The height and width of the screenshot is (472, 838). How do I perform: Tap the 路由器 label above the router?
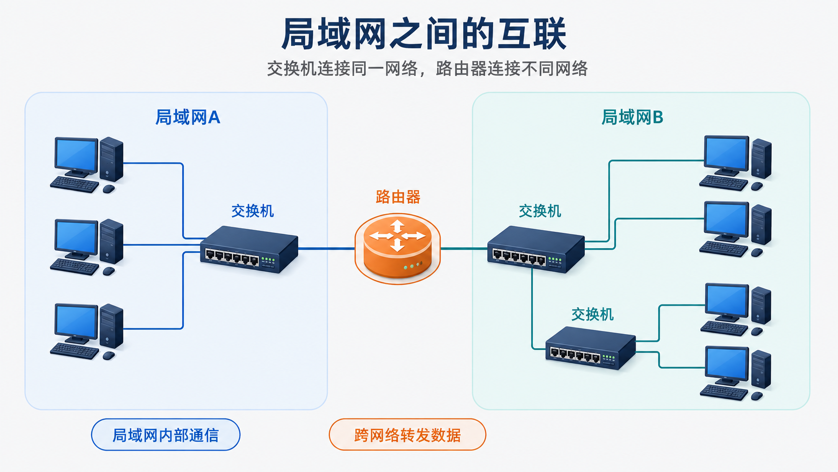[398, 197]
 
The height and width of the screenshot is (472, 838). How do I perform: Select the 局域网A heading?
[188, 117]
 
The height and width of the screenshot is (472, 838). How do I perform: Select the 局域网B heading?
[632, 117]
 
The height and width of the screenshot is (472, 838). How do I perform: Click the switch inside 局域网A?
[249, 249]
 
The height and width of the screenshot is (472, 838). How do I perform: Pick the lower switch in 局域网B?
[590, 348]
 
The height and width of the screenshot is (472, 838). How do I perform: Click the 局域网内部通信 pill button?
[166, 434]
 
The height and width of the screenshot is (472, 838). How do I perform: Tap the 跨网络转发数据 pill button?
[407, 434]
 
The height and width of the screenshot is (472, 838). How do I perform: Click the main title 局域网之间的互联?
[424, 34]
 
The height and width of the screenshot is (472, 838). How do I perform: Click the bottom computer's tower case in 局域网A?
[111, 326]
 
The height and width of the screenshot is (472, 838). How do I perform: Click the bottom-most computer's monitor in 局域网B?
[727, 366]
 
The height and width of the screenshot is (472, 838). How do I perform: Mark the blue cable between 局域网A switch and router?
[326, 248]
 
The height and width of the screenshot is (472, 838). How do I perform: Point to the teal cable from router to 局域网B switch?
[464, 248]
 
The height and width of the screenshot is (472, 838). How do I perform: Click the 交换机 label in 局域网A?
[253, 212]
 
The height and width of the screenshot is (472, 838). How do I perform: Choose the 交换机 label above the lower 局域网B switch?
[592, 314]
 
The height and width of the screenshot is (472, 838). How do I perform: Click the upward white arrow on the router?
[397, 226]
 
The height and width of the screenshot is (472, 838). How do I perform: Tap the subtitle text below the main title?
[427, 69]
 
